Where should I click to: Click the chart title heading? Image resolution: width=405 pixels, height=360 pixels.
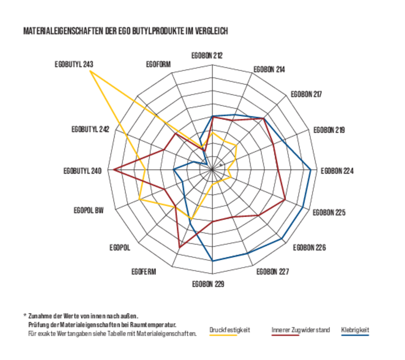click(126, 31)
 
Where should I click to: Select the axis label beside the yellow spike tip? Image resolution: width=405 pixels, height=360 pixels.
click(74, 64)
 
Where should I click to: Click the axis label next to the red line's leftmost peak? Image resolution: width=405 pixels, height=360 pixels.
click(83, 170)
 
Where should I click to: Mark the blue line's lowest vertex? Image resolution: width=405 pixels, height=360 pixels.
click(213, 261)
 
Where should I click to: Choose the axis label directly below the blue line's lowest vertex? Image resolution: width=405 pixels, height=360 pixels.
click(208, 284)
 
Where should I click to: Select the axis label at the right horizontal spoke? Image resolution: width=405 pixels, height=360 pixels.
click(337, 170)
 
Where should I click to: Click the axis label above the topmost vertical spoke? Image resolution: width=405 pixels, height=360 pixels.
click(207, 55)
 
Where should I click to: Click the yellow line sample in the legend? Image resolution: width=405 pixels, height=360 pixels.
click(223, 335)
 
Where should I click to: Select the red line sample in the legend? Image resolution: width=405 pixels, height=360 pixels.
click(285, 335)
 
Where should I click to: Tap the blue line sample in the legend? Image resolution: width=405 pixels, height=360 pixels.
click(355, 335)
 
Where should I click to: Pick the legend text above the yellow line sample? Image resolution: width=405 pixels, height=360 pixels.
click(230, 330)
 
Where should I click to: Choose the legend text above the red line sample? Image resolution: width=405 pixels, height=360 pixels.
click(300, 330)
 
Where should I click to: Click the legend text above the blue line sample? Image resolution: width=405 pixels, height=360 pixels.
click(355, 330)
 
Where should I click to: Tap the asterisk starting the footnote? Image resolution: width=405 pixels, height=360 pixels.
click(24, 314)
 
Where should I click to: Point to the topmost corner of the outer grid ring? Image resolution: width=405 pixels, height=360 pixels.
click(213, 64)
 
